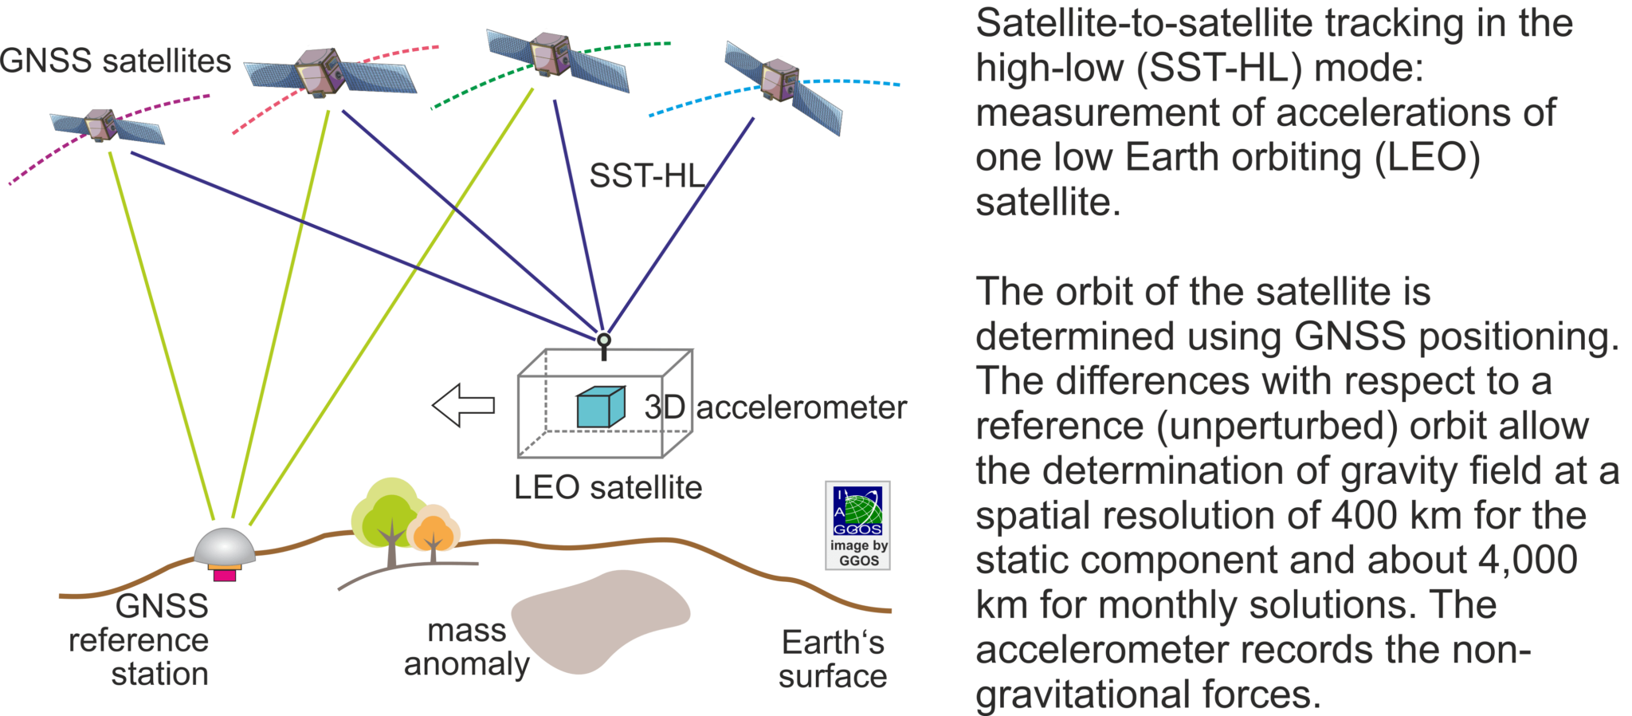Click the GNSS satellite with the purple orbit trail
[x=102, y=125]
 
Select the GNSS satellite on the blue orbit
[x=779, y=81]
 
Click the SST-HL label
[x=645, y=176]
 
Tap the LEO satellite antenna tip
[x=604, y=339]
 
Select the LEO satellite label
[x=607, y=487]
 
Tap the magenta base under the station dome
[x=225, y=575]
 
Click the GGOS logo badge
[x=857, y=525]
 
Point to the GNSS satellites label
[x=116, y=61]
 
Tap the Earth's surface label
[x=833, y=659]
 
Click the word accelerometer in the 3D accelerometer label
[x=802, y=408]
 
